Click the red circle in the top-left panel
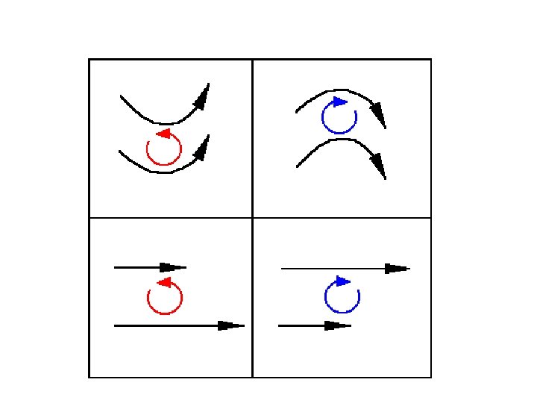click(x=164, y=149)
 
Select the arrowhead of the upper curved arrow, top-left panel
click(x=203, y=96)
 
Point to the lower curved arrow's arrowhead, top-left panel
click(x=202, y=147)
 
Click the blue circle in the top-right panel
click(x=339, y=116)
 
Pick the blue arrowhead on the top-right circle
click(x=340, y=101)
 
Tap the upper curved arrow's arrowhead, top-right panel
click(x=379, y=115)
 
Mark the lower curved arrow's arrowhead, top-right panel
click(x=379, y=166)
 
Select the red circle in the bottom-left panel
click(x=165, y=298)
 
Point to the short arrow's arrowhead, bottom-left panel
click(x=173, y=267)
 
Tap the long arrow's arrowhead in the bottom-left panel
click(x=231, y=325)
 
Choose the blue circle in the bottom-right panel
click(x=342, y=297)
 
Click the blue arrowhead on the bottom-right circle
click(x=343, y=281)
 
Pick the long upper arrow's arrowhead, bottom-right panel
click(x=397, y=268)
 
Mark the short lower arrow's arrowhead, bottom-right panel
click(x=338, y=325)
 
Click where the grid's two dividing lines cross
click(x=253, y=218)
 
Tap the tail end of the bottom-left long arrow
click(x=115, y=325)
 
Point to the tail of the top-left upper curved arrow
click(x=121, y=96)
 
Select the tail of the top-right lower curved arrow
click(x=297, y=166)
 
